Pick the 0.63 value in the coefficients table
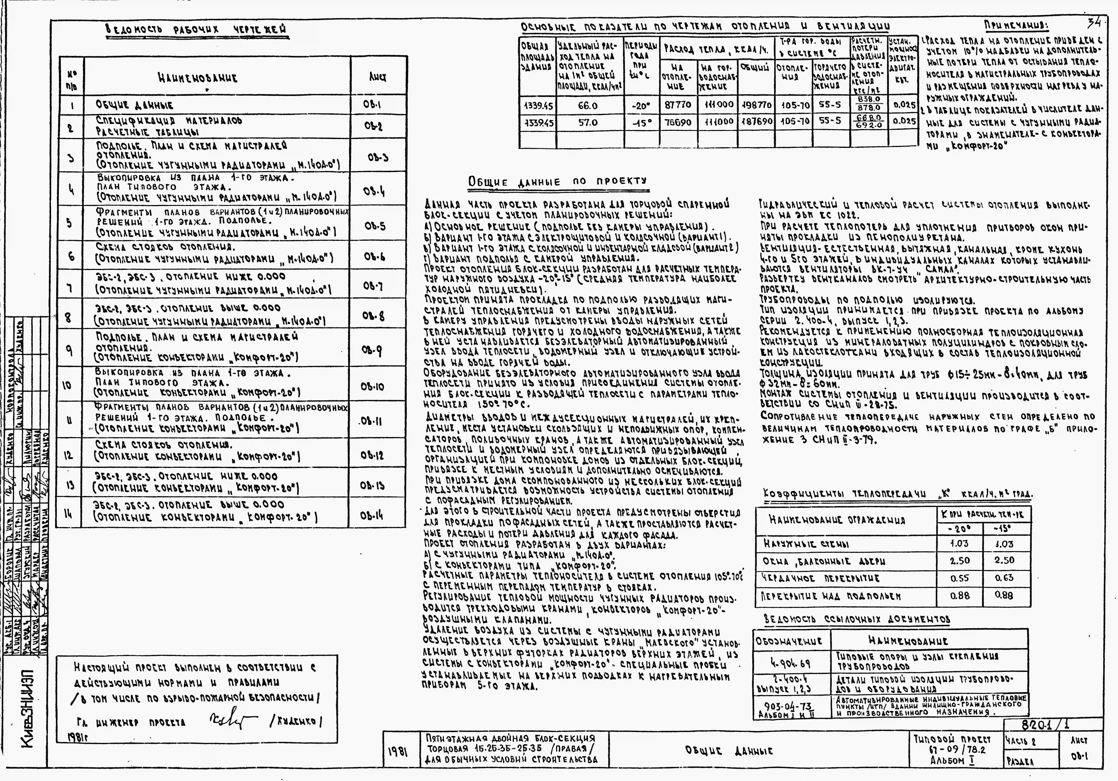click(x=1004, y=578)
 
